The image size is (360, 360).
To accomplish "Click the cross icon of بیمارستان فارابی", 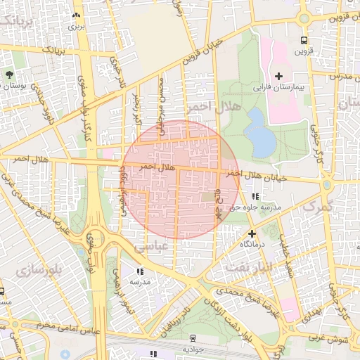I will (279, 76).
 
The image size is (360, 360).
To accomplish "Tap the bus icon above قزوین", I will (304, 40).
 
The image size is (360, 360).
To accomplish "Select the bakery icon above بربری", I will (76, 15).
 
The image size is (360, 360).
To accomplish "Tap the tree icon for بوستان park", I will (8, 75).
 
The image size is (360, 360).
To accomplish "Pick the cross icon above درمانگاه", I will (252, 233).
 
